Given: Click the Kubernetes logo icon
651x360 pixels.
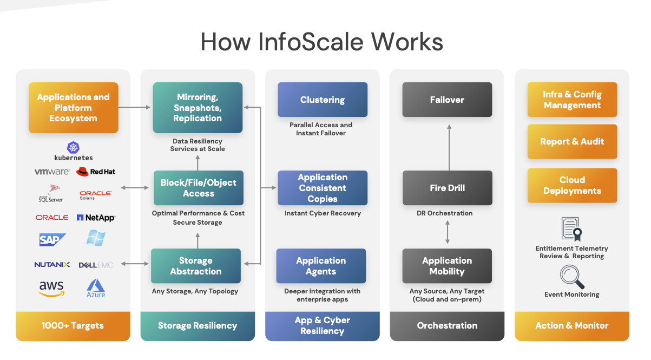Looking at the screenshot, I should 73,147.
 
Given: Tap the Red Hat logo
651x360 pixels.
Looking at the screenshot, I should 96,172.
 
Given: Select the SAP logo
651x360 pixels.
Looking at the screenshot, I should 52,240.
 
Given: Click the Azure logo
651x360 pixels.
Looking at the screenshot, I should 96,287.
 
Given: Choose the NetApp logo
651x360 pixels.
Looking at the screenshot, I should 96,218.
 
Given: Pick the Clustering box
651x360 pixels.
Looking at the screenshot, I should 323,100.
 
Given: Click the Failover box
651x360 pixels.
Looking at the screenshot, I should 447,100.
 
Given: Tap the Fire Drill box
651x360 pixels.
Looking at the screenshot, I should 447,188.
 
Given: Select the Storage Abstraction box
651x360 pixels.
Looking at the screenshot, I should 196,266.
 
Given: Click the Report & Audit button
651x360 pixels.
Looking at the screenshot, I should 572,142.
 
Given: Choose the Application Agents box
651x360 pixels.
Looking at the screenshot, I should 321,266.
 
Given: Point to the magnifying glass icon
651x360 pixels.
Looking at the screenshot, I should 571,277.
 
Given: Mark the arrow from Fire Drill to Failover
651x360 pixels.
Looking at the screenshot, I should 449,147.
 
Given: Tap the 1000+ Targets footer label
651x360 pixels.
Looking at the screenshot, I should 73,326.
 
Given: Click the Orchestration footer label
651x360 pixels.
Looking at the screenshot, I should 447,326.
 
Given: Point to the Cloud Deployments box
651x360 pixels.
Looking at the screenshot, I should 572,185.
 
